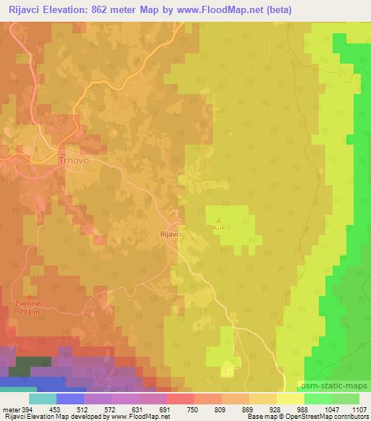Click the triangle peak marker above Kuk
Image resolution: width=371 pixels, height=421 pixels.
click(x=219, y=220)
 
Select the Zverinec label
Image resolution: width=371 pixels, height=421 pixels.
click(x=27, y=305)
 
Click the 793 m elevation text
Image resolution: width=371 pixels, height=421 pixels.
click(x=28, y=313)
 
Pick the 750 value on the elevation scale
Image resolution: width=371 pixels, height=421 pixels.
click(x=193, y=409)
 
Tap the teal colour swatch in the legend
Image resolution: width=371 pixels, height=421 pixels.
click(x=43, y=399)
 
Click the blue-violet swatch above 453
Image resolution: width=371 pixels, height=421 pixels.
click(x=70, y=399)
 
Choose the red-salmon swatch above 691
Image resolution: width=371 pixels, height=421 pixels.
click(x=180, y=399)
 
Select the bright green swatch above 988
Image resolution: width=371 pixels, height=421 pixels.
click(x=317, y=399)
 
